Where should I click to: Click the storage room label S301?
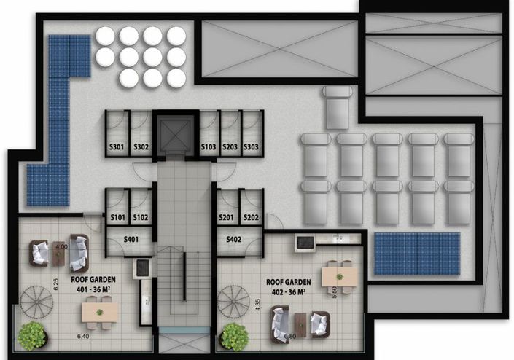pyautogui.click(x=117, y=147)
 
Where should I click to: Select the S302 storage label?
pyautogui.click(x=141, y=147)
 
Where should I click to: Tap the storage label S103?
pyautogui.click(x=209, y=147)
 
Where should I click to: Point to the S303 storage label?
pyautogui.click(x=252, y=147)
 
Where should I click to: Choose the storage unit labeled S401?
pyautogui.click(x=131, y=238)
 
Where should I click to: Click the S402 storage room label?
pyautogui.click(x=233, y=239)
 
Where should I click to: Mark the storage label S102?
pyautogui.click(x=141, y=217)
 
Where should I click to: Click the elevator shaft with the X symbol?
pyautogui.click(x=175, y=133)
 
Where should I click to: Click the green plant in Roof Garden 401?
pyautogui.click(x=33, y=337)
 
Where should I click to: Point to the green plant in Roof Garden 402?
pyautogui.click(x=233, y=337)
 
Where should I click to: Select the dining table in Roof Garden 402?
pyautogui.click(x=339, y=275)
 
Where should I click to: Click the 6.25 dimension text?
pyautogui.click(x=55, y=282)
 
